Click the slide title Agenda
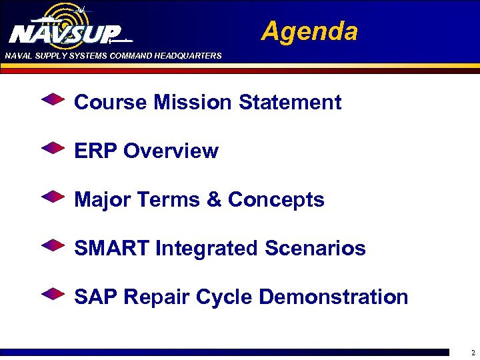309,31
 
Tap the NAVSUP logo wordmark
65,34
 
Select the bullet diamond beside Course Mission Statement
53,101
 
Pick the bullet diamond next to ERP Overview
53,149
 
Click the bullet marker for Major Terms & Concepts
53,197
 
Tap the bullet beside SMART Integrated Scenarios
53,246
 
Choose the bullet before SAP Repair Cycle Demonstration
53,294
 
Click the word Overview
171,151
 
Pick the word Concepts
276,200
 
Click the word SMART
112,248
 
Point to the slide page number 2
473,353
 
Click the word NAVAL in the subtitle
18,56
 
